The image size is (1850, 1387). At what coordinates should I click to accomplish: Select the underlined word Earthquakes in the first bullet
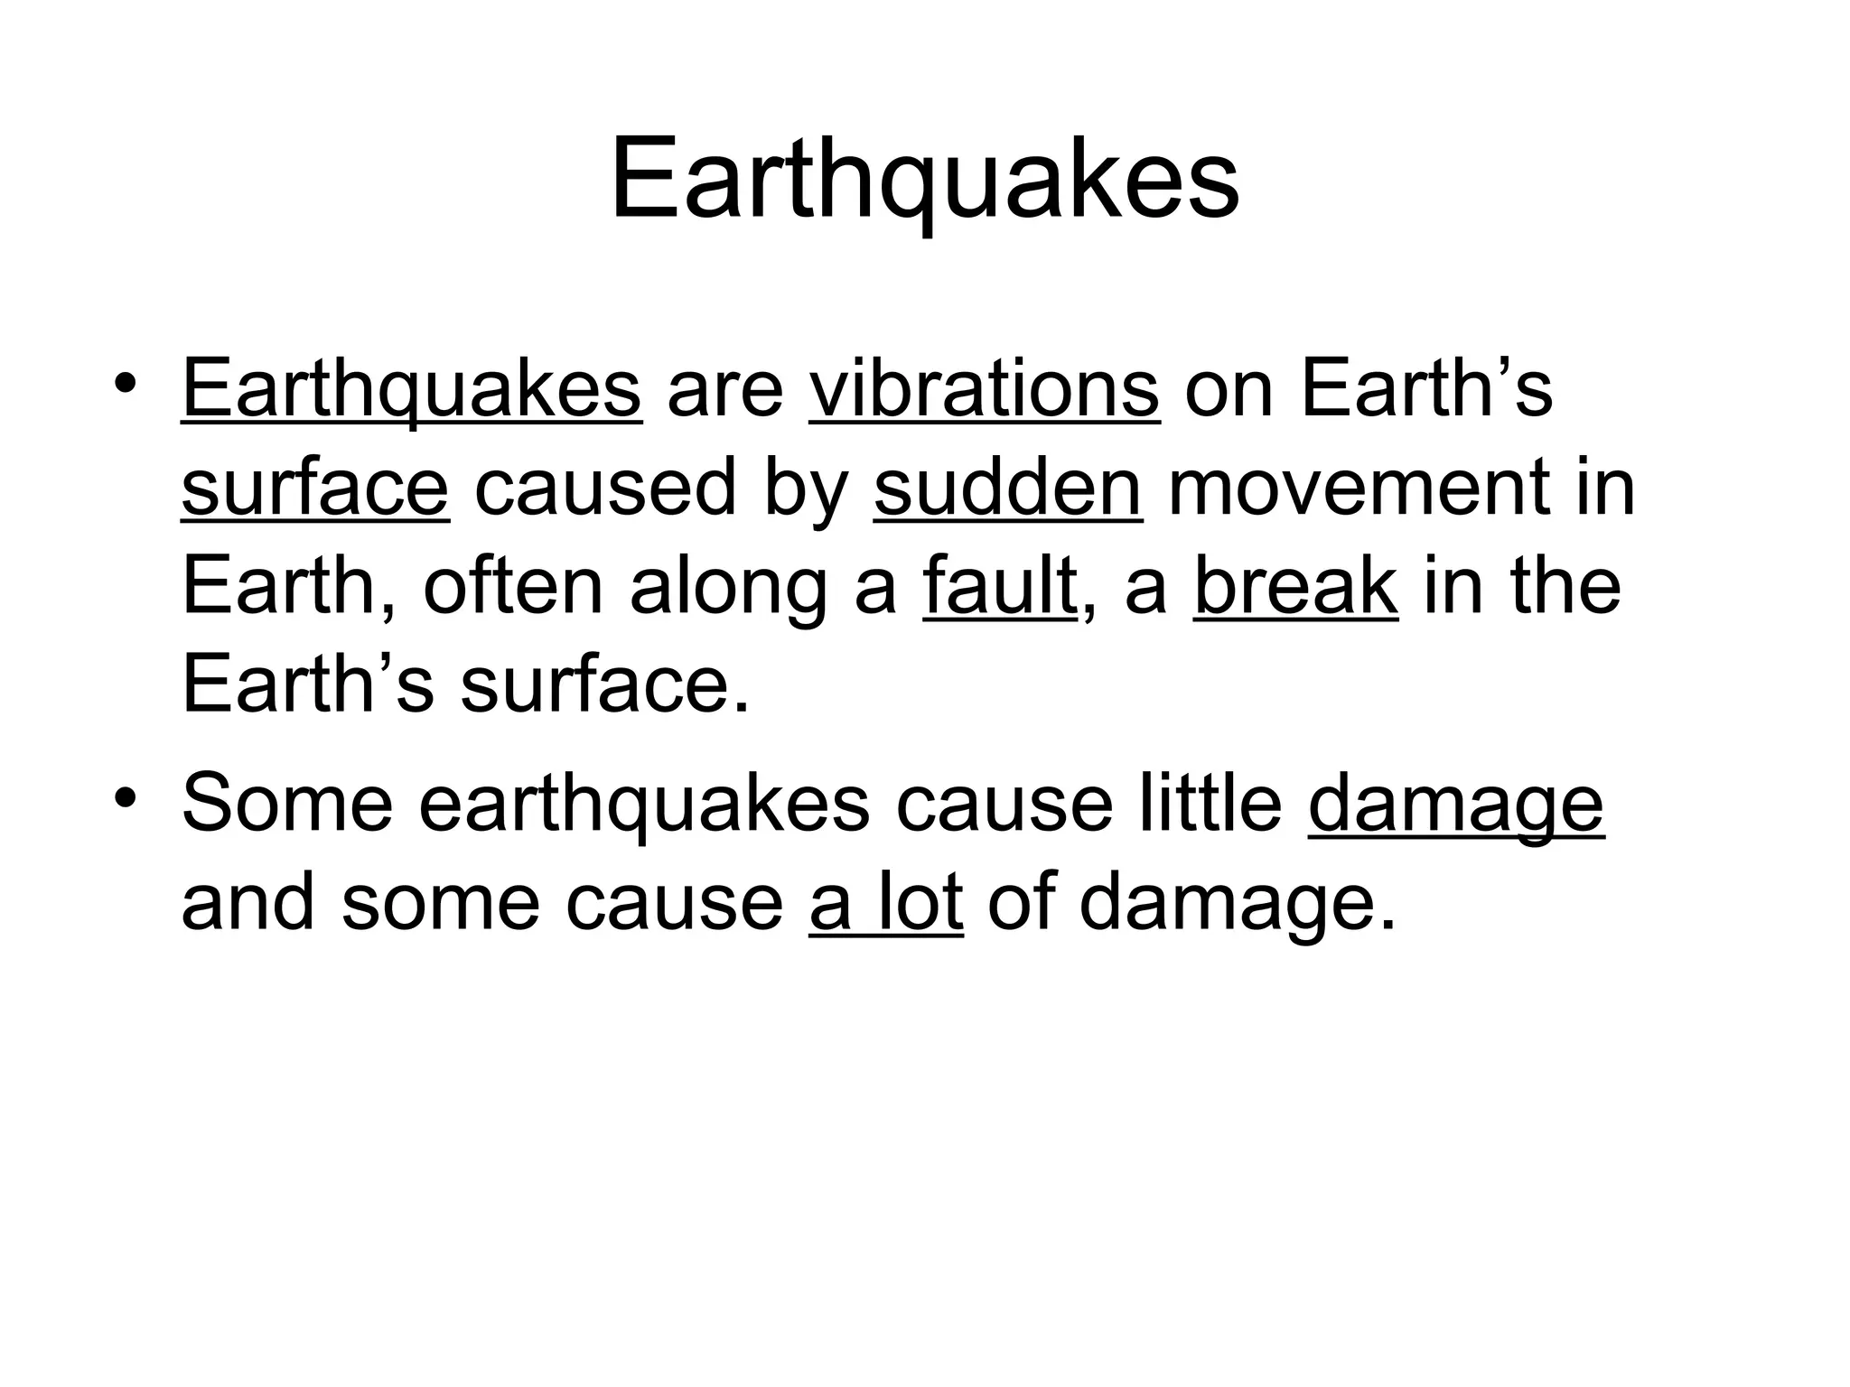[411, 390]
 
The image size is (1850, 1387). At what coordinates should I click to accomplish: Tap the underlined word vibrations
[984, 390]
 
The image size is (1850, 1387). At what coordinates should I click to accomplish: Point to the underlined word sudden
[1007, 489]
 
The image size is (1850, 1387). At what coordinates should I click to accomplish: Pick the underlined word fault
[1000, 587]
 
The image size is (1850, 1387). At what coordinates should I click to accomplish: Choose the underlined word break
[1295, 587]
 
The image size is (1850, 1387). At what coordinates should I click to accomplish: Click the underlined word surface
[314, 489]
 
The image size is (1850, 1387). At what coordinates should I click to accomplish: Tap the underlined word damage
[1455, 804]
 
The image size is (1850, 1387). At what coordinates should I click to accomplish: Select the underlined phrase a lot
[885, 902]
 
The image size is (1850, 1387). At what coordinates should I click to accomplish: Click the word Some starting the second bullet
[287, 804]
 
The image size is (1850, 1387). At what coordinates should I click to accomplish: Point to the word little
[1210, 804]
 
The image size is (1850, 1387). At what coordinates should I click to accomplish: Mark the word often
[512, 587]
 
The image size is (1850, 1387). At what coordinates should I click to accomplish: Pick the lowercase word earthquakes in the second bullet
[644, 804]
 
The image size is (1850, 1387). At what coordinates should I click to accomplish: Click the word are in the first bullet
[724, 390]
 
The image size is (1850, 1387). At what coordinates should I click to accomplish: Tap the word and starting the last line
[248, 902]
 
